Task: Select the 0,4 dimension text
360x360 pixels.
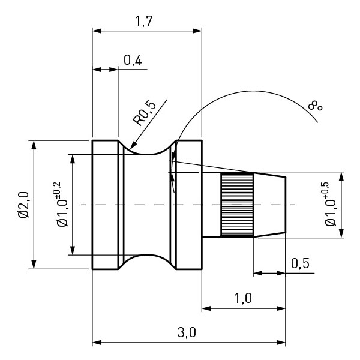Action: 133,60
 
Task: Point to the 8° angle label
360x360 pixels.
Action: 315,107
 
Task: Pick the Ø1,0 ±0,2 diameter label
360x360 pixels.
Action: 61,205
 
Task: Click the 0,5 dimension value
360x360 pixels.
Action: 301,263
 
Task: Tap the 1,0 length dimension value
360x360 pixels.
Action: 242,299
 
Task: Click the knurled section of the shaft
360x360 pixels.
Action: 237,205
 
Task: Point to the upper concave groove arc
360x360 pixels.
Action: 148,151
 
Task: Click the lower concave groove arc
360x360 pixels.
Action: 148,259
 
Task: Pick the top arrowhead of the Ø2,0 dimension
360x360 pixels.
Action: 34,145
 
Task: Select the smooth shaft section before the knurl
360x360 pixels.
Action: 211,205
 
